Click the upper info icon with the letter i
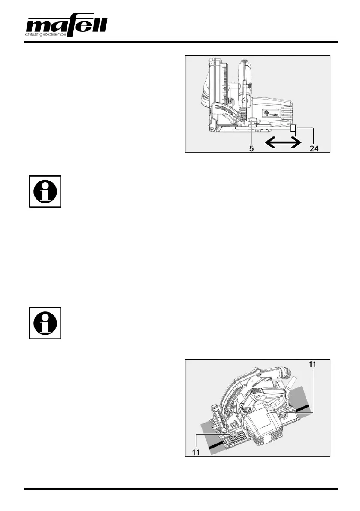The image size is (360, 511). point(45,191)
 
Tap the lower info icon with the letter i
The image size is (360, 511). point(45,323)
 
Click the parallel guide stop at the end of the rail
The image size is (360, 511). point(293,129)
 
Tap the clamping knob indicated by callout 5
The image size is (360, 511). point(252,123)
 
